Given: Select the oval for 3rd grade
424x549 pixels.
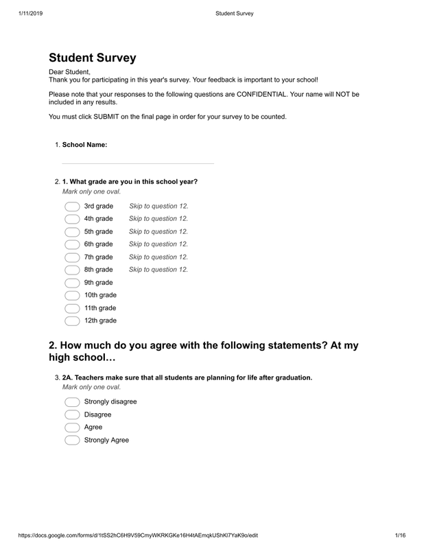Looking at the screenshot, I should (72, 206).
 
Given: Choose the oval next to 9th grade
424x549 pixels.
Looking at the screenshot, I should (72, 282).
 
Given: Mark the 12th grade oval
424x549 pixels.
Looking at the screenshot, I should (72, 320).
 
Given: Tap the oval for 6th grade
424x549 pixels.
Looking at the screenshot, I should (72, 244).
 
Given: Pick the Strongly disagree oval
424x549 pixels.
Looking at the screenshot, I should (72, 401).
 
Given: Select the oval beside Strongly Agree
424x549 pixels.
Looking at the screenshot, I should (72, 440).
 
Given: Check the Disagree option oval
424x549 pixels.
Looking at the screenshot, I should (72, 414).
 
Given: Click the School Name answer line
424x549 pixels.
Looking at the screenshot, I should (137, 160).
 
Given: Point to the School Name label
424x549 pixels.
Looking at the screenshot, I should (84, 144).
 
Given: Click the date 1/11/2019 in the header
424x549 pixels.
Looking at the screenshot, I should (24, 12).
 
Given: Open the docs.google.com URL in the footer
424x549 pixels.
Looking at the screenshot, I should (137, 535).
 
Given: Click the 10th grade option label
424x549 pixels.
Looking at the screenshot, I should (100, 295).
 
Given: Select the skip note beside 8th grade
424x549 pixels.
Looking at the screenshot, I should (158, 270).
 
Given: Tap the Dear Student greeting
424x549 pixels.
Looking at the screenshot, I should (69, 71).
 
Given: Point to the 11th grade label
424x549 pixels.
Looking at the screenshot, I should (100, 307).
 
